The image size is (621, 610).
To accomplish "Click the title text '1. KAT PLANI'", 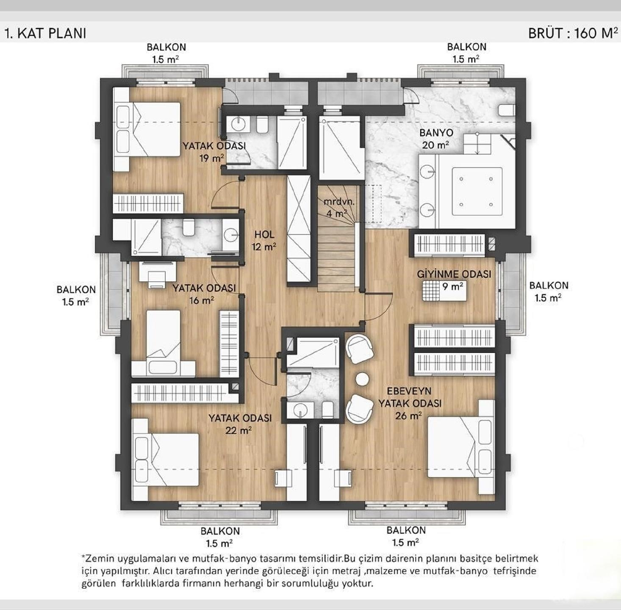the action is point(45,33).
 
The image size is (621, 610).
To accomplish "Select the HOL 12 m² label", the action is point(264,241).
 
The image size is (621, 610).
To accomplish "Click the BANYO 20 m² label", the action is point(436,139).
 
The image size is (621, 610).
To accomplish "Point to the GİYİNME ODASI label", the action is point(454,274).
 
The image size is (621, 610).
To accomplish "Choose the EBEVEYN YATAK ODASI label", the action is point(410,403).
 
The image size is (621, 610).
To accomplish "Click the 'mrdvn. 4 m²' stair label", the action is point(339,207).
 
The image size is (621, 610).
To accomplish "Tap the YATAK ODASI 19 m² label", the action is point(214,152).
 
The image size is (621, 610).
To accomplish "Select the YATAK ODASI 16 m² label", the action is point(204,294).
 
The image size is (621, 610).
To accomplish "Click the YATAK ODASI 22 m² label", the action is point(240,424).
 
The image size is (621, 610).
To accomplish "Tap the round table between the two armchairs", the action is point(362,379).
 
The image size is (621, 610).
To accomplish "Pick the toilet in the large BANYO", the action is point(506,110).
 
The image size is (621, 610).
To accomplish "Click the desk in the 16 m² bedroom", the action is point(158,271).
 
